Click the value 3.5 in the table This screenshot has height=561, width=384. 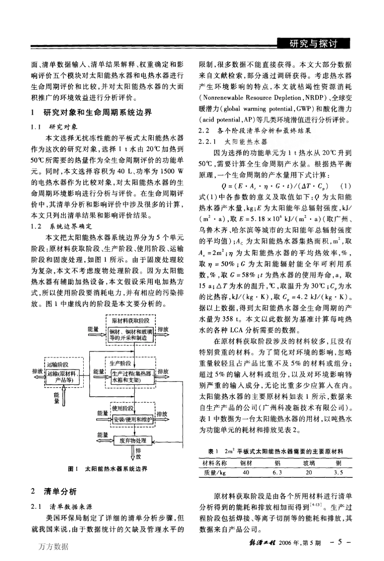click(338, 472)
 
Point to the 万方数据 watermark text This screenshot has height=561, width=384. click(54, 547)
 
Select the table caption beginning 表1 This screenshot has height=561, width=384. click(275, 451)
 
